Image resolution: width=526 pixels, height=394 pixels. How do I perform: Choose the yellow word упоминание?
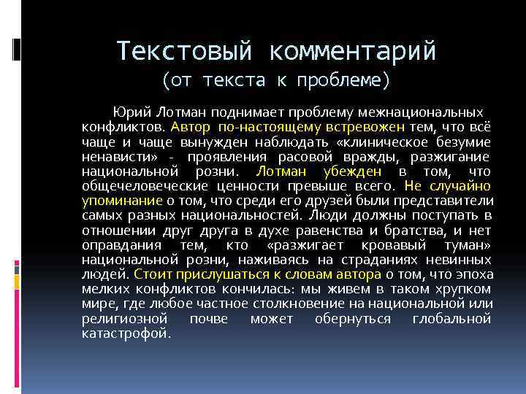[x=122, y=201]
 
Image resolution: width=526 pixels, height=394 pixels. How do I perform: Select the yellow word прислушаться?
[x=213, y=276]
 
